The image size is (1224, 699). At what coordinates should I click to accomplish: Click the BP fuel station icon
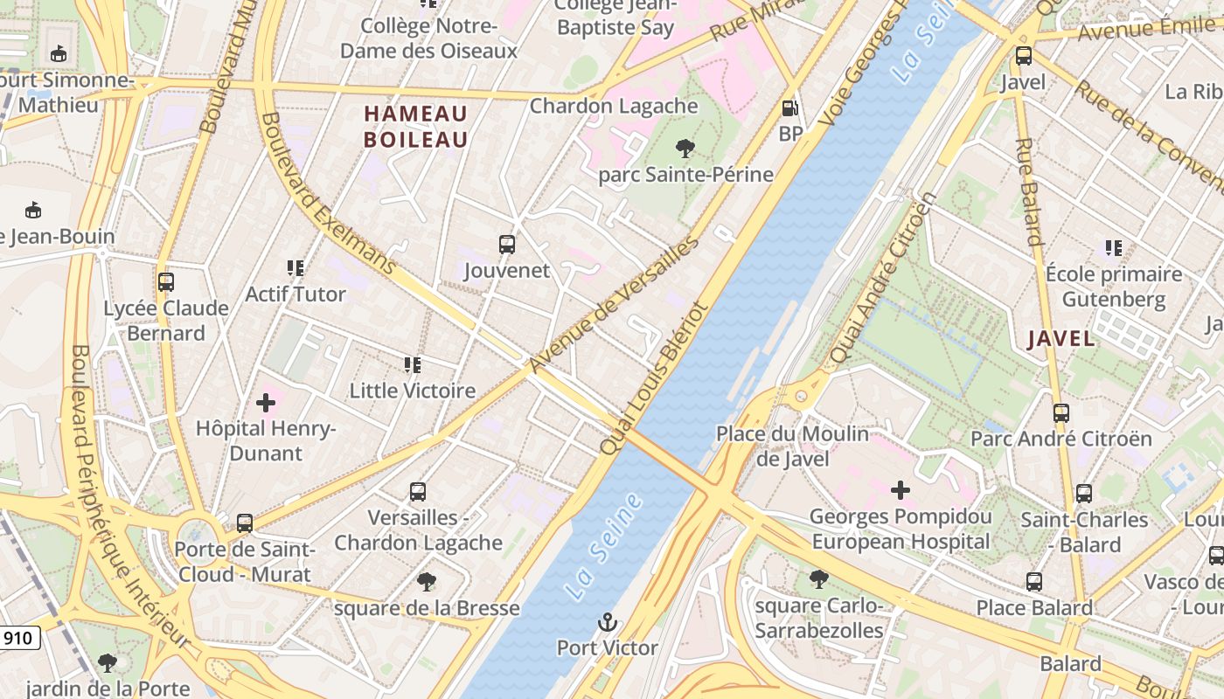click(789, 108)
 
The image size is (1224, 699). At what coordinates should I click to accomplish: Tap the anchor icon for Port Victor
click(607, 622)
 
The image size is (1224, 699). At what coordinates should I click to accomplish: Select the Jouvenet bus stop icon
click(506, 245)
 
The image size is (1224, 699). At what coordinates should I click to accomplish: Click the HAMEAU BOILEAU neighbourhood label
click(416, 127)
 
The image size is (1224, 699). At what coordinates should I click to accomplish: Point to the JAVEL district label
click(1061, 339)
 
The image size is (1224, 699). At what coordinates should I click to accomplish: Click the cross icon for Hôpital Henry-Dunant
click(266, 403)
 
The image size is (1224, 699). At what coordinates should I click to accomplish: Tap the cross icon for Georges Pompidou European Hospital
click(900, 490)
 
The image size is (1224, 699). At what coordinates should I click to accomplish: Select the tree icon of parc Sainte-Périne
click(685, 149)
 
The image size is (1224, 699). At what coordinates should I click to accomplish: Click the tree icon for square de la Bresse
click(427, 581)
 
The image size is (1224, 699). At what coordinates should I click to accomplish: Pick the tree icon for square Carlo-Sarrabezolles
click(818, 578)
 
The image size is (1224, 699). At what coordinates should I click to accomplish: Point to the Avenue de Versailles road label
click(614, 303)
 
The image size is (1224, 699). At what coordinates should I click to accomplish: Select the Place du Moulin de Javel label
click(792, 446)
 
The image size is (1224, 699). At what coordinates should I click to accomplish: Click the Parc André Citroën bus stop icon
click(1061, 412)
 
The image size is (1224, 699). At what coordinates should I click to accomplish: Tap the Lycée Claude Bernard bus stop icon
click(166, 282)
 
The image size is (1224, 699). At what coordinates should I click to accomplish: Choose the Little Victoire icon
click(412, 364)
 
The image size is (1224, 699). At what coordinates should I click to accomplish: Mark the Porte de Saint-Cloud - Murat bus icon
click(245, 523)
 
